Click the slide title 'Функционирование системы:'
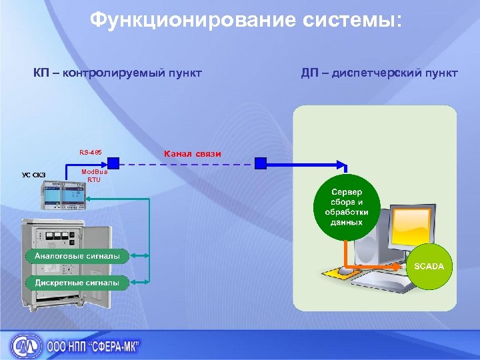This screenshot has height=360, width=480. point(246,21)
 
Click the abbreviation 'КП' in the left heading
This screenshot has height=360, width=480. point(44,72)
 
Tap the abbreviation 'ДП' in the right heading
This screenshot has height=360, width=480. point(309,72)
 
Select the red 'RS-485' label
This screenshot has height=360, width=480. point(90,152)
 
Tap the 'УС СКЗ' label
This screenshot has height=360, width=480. point(34,175)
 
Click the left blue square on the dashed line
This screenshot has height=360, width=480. point(114,163)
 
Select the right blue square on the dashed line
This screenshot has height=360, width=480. point(260,163)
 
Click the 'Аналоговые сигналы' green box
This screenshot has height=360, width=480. point(77,255)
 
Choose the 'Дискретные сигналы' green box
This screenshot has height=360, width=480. point(77,282)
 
